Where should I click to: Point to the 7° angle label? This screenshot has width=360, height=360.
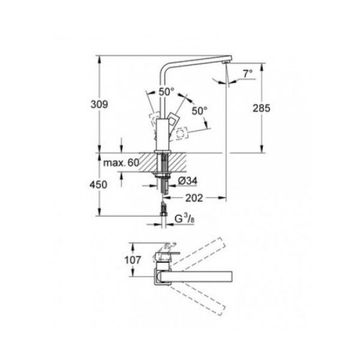[248, 72]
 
